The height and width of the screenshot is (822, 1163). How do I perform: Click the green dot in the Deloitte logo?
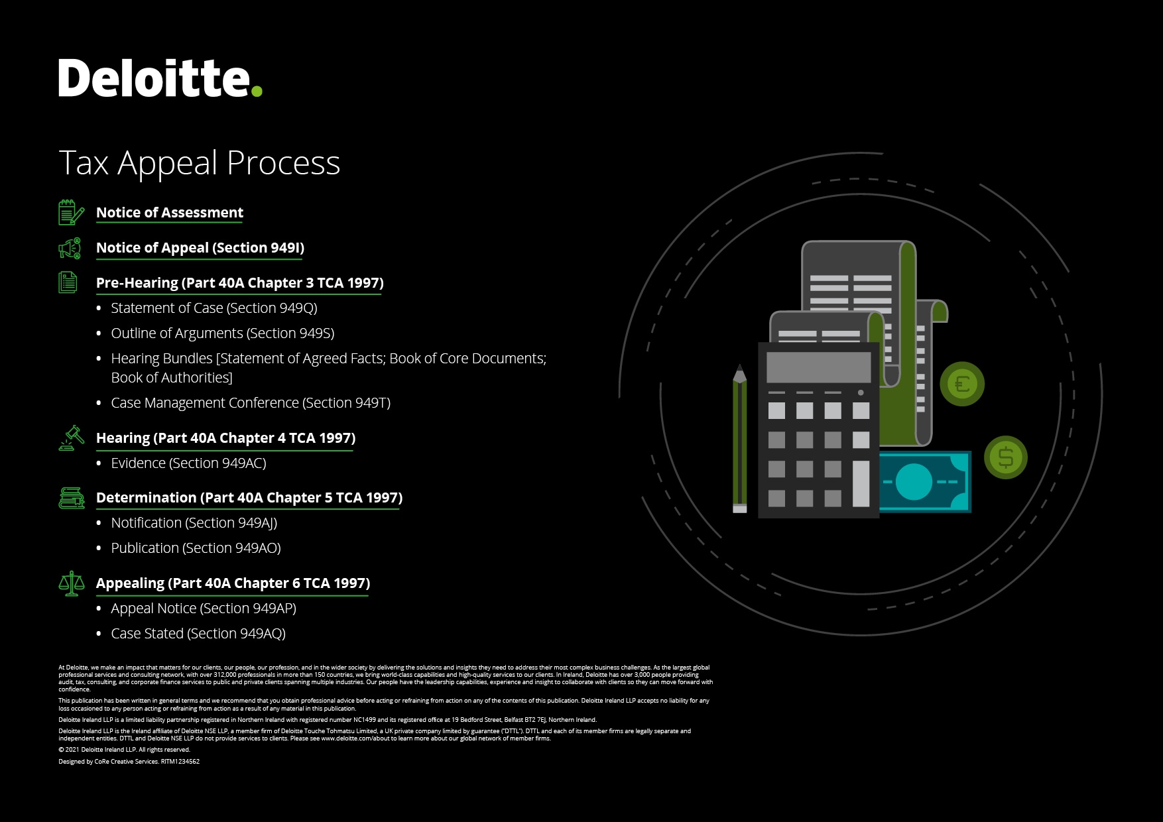[x=257, y=91]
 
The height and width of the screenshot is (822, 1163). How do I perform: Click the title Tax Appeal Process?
[x=200, y=163]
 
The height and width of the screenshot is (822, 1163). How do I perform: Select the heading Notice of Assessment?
[x=170, y=213]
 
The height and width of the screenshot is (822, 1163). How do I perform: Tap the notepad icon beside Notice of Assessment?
[x=71, y=212]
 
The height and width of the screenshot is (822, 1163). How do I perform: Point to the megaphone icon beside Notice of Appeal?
[x=70, y=248]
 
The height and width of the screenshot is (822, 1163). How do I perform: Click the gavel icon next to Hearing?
[x=72, y=438]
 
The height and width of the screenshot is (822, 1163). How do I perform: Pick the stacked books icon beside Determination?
[x=72, y=498]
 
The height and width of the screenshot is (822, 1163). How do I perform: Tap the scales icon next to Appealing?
[x=72, y=583]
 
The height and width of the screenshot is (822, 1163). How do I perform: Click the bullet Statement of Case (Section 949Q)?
[x=214, y=308]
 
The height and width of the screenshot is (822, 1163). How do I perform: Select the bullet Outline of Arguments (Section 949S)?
[x=223, y=333]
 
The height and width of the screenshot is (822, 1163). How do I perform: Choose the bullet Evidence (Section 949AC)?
[x=189, y=463]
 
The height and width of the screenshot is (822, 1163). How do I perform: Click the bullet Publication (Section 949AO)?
[x=196, y=548]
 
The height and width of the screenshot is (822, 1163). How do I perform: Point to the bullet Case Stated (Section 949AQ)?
[x=198, y=634]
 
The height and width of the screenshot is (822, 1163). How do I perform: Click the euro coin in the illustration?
[x=962, y=384]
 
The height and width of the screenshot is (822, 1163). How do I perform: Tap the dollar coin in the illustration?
[x=1006, y=457]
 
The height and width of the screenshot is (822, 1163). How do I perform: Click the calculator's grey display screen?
[x=819, y=367]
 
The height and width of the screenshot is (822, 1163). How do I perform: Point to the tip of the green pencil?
[x=739, y=365]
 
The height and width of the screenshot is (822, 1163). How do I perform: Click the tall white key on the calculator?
[x=861, y=484]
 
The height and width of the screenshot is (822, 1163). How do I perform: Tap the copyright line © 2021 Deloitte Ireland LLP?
[x=124, y=750]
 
